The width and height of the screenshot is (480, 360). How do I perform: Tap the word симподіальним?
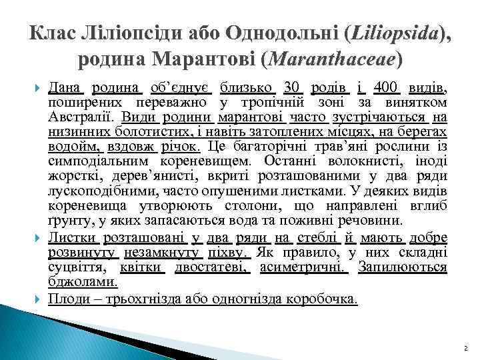tap(100, 161)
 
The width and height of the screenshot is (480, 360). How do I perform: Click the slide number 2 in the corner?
tap(465, 347)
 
